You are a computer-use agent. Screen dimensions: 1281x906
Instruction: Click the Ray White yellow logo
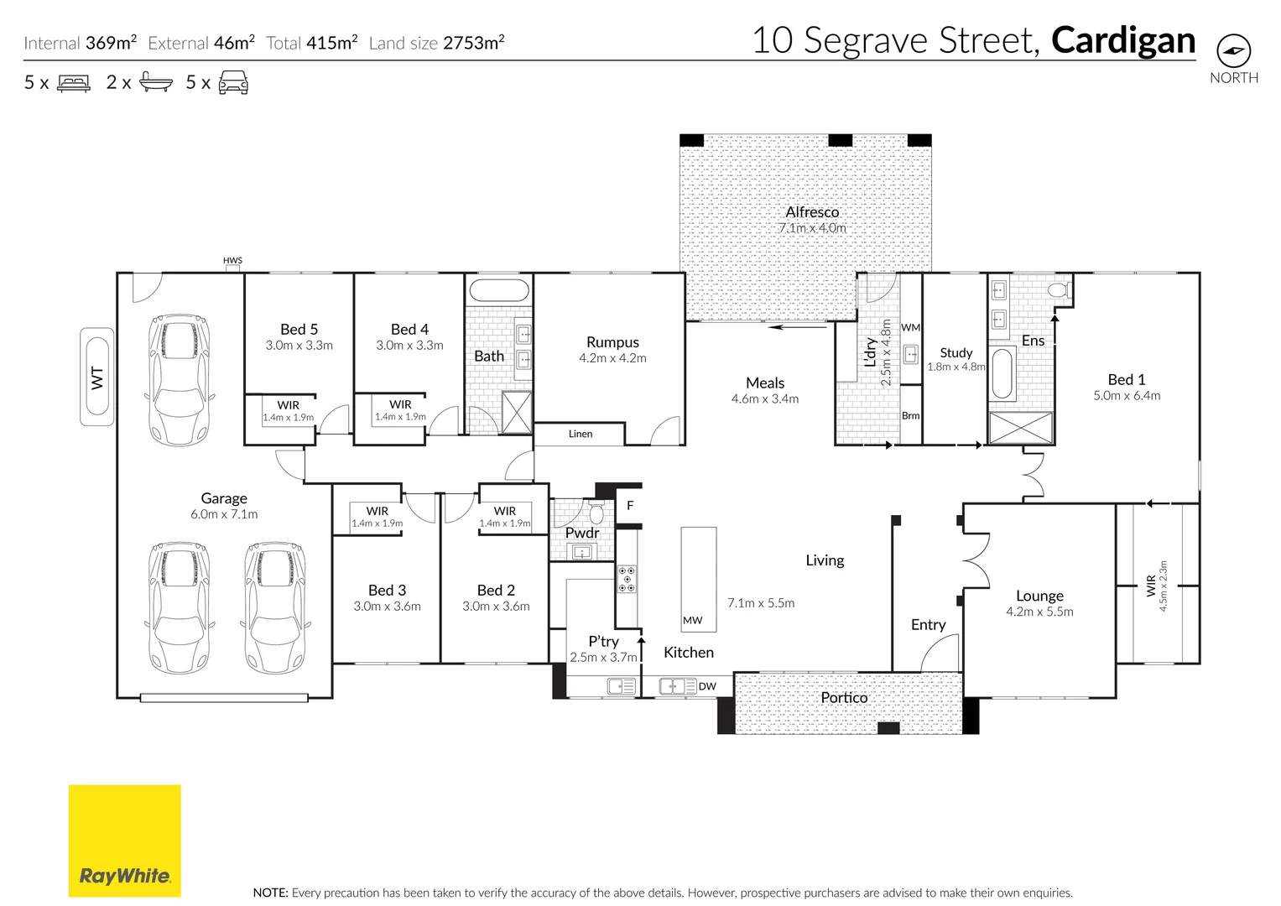[125, 841]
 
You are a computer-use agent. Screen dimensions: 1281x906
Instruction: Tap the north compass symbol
[1233, 51]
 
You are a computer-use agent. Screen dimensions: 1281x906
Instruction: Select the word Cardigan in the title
[1123, 40]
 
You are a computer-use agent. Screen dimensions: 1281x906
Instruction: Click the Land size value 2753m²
[473, 43]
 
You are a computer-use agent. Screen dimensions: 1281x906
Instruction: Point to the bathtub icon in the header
[155, 82]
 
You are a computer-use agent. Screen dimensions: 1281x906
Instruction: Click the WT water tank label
[97, 378]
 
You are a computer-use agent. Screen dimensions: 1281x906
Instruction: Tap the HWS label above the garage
[232, 260]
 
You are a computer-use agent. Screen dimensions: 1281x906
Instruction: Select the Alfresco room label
[812, 211]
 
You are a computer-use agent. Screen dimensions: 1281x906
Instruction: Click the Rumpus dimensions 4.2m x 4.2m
[612, 358]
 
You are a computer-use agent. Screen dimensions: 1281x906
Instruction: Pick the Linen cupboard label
[581, 434]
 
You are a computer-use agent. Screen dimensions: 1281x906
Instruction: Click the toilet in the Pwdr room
[596, 513]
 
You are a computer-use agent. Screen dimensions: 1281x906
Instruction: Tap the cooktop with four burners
[627, 579]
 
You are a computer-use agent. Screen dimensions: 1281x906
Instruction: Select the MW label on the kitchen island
[693, 620]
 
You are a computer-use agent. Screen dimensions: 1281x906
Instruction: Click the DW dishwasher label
[707, 686]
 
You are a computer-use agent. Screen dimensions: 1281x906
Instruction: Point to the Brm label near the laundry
[910, 415]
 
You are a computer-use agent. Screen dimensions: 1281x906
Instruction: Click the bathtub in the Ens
[1002, 373]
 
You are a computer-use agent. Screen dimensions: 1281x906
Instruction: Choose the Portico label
[844, 697]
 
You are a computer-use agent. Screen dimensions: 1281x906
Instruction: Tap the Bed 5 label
[299, 329]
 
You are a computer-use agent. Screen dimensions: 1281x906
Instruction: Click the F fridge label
[630, 506]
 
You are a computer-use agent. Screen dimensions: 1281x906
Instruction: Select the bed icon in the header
[74, 83]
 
